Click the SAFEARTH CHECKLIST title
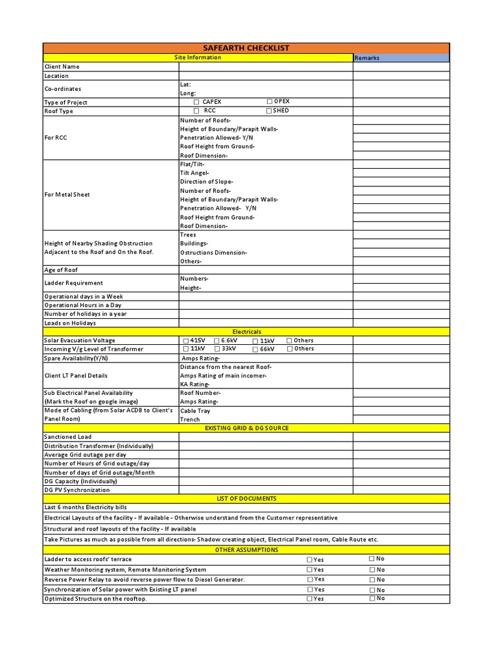click(x=246, y=48)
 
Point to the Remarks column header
click(x=367, y=58)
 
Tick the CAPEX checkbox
click(x=196, y=103)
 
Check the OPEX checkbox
click(x=269, y=102)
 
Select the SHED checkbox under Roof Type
click(x=269, y=111)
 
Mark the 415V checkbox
click(x=186, y=341)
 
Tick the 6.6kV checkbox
click(x=217, y=341)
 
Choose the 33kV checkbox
click(x=217, y=349)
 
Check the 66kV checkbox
click(x=255, y=349)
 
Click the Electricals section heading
click(x=246, y=332)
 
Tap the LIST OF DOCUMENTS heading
click(x=246, y=499)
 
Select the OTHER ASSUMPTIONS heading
click(x=246, y=550)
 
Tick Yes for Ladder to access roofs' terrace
click(x=309, y=560)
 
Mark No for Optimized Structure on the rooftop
click(x=372, y=598)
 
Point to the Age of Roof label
click(x=61, y=270)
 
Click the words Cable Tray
click(x=195, y=411)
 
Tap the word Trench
click(x=190, y=420)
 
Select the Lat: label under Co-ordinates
click(x=185, y=85)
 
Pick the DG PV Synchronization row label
click(x=77, y=490)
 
